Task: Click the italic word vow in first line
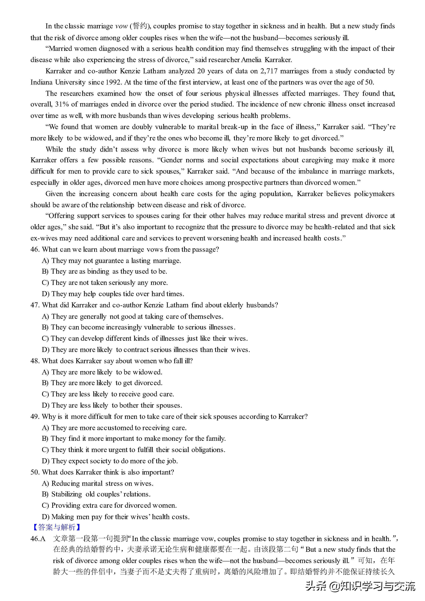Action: (121, 26)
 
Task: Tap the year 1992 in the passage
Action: (114, 82)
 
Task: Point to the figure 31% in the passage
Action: (62, 104)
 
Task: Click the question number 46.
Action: (35, 249)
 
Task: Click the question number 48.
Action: (35, 361)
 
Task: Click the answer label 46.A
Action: (38, 539)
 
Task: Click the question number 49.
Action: (35, 417)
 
